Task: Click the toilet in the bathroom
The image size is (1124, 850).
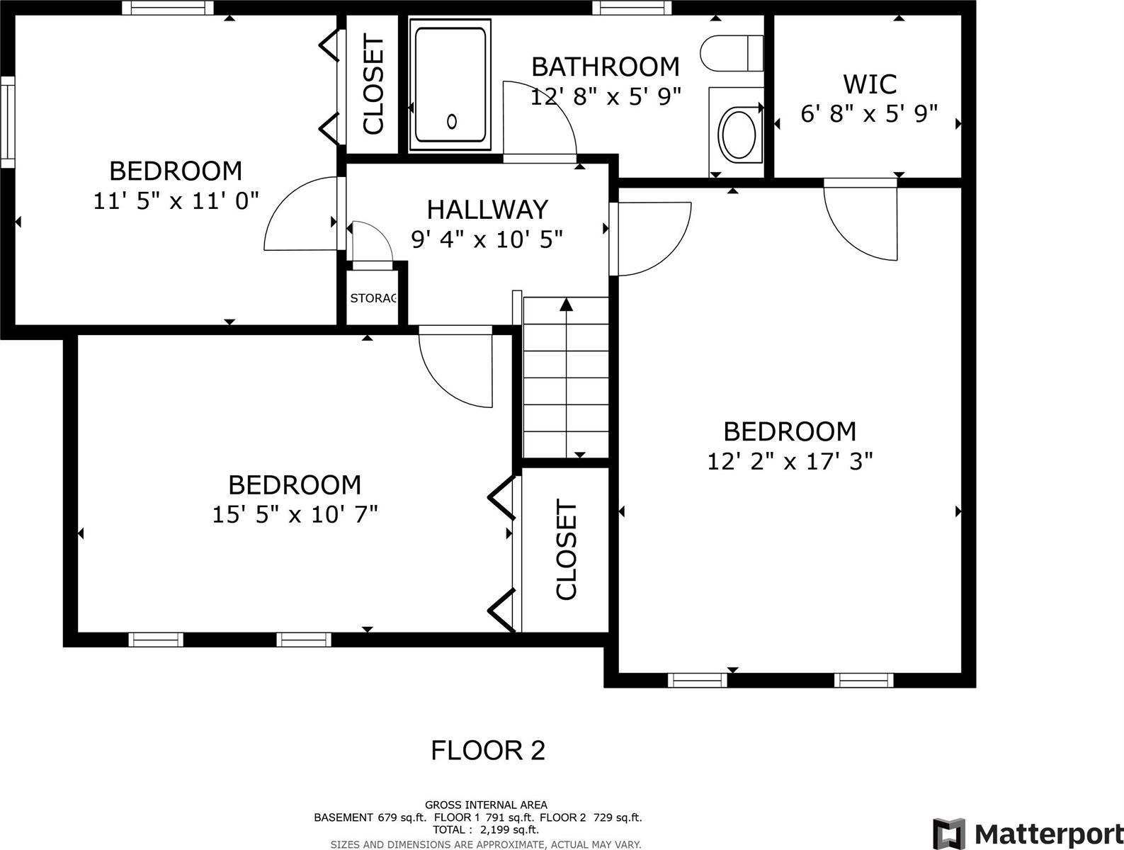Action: (732, 54)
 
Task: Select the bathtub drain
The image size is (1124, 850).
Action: (452, 122)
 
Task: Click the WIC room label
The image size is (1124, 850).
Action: (870, 84)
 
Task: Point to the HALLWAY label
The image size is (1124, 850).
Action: (487, 210)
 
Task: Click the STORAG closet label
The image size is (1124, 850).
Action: (373, 298)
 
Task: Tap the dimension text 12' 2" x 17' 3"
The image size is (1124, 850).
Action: (790, 462)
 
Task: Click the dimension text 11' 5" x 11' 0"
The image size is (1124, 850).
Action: (176, 201)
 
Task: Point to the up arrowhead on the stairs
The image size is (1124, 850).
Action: (566, 305)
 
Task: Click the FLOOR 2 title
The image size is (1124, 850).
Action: (488, 750)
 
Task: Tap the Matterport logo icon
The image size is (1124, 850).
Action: (948, 832)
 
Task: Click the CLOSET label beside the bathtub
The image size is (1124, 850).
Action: (373, 85)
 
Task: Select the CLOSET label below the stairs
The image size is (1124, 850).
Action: (567, 550)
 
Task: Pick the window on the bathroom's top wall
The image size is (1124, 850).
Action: (631, 8)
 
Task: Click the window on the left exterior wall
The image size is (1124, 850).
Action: (7, 122)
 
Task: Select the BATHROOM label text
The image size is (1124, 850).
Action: (605, 67)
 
